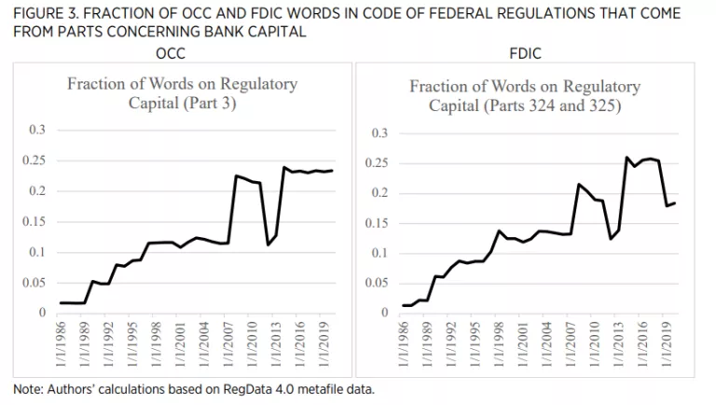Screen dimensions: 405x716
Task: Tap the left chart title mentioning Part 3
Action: click(x=183, y=92)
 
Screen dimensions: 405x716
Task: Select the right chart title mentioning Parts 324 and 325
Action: click(x=525, y=95)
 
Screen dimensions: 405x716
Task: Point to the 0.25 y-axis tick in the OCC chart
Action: click(x=35, y=161)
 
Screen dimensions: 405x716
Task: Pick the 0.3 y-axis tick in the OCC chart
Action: click(x=38, y=131)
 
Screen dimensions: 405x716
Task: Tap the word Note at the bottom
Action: click(x=28, y=388)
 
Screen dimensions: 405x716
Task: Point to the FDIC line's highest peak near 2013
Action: click(x=626, y=158)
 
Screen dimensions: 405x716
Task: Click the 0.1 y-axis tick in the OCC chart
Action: click(x=38, y=252)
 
